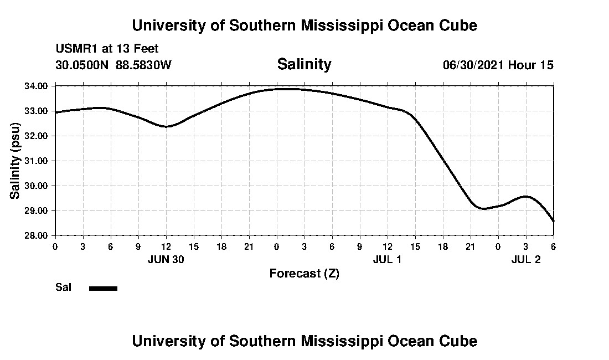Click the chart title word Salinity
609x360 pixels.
[304, 64]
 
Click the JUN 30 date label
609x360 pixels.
[166, 259]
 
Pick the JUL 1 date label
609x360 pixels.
[387, 259]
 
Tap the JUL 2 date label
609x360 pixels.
[525, 259]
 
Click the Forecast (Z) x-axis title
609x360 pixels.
[304, 274]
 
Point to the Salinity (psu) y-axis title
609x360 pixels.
[16, 161]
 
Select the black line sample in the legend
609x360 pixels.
[103, 288]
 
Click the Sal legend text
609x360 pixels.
[63, 287]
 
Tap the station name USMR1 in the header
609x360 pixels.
[74, 49]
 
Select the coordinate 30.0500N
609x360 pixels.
[82, 65]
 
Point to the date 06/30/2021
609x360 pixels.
[473, 65]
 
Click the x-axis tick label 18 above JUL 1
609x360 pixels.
[442, 246]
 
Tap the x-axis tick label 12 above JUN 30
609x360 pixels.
[166, 246]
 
